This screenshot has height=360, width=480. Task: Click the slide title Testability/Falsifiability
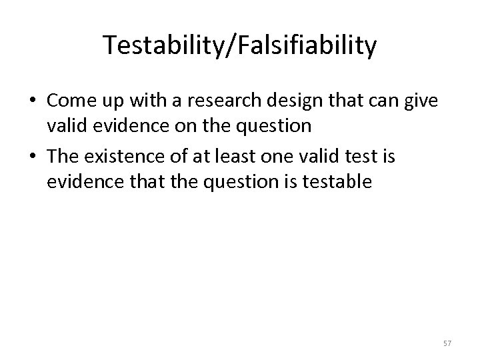point(240,46)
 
